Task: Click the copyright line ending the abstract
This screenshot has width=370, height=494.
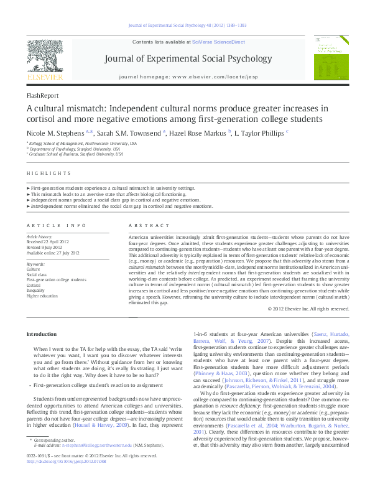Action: pos(307,308)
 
